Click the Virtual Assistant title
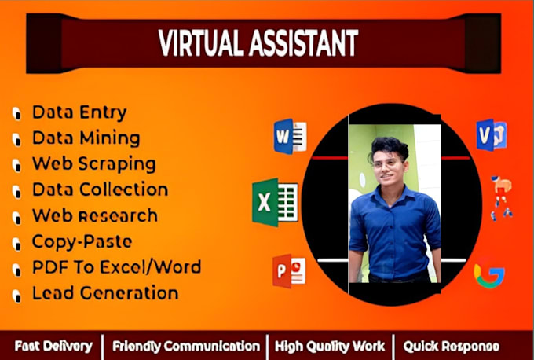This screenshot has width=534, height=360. click(x=258, y=44)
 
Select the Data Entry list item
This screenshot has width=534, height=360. click(x=79, y=112)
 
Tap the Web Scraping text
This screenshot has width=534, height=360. click(x=93, y=163)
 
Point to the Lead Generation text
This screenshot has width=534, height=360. click(x=105, y=293)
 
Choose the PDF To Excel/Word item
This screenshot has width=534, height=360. click(x=116, y=267)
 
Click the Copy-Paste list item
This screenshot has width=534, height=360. click(x=82, y=241)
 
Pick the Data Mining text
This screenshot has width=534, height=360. click(x=86, y=138)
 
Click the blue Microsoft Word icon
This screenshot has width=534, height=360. click(x=289, y=135)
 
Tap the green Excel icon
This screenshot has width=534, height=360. click(x=273, y=201)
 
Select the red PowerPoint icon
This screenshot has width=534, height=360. click(x=288, y=270)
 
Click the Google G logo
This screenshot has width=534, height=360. click(x=488, y=275)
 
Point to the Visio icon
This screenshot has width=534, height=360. click(x=492, y=134)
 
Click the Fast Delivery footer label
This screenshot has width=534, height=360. click(x=53, y=346)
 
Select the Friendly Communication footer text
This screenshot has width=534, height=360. click(x=186, y=346)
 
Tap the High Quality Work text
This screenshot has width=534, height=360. click(x=330, y=346)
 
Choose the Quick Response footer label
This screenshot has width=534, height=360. click(x=452, y=346)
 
